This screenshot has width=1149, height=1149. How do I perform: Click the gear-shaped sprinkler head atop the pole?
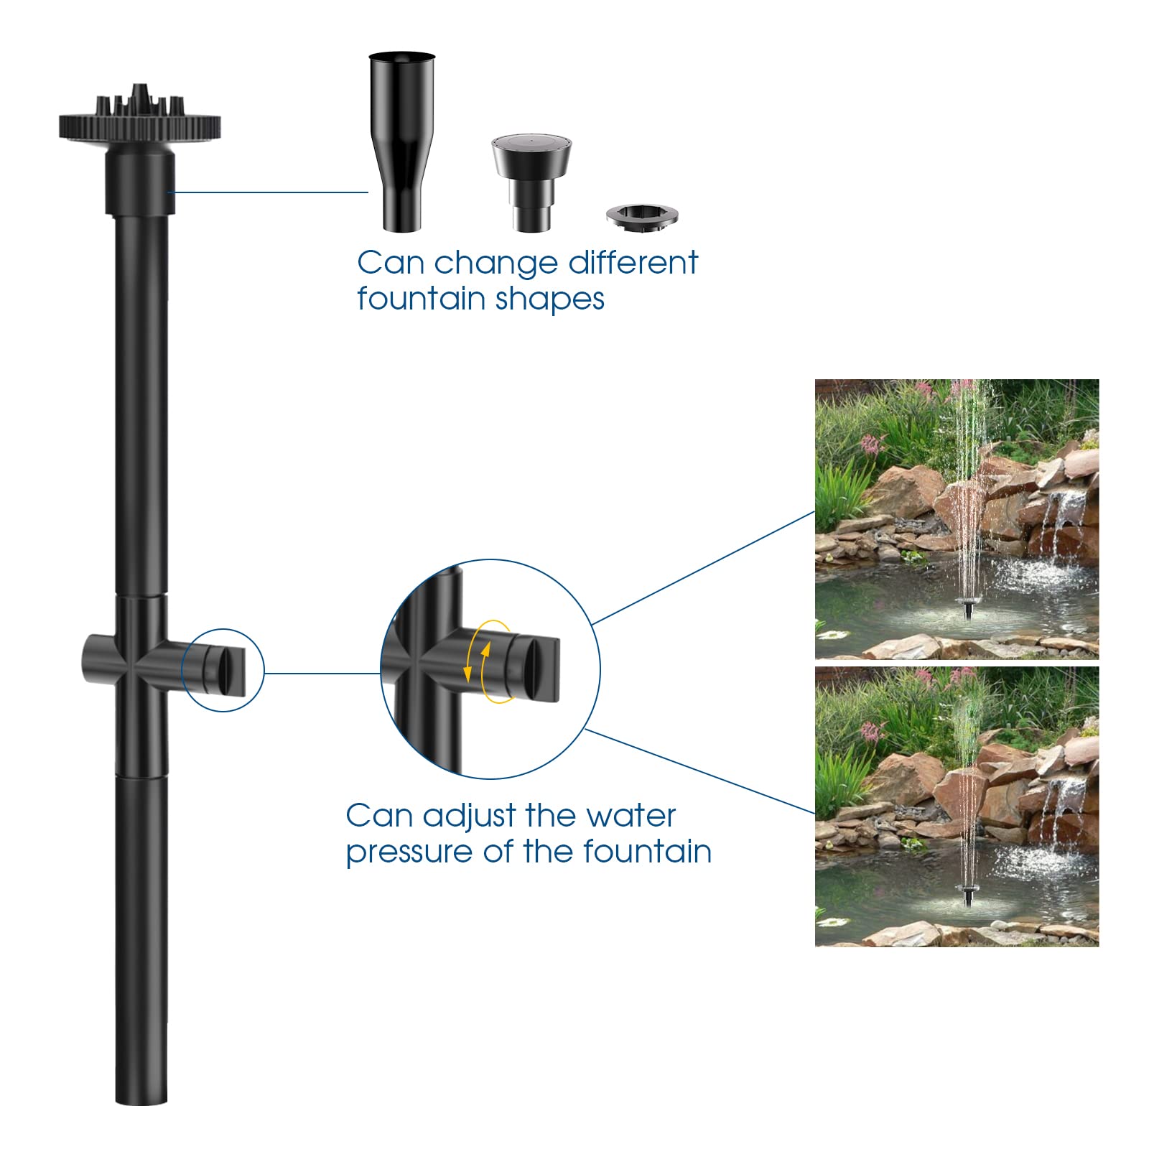click(139, 122)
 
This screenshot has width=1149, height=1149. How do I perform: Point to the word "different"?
click(633, 263)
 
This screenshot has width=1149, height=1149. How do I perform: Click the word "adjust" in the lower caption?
click(469, 816)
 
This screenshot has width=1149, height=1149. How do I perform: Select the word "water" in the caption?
click(631, 816)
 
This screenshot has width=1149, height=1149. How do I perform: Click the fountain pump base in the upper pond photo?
click(968, 611)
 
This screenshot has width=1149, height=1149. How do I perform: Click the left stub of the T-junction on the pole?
click(96, 659)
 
